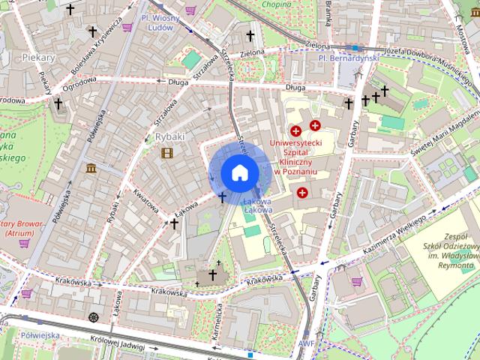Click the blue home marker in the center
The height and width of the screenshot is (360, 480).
pyautogui.click(x=239, y=172)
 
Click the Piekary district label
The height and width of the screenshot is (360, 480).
pyautogui.click(x=39, y=56)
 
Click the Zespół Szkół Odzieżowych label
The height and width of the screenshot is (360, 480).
pyautogui.click(x=450, y=248)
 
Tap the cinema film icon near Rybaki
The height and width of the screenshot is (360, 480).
pyautogui.click(x=166, y=154)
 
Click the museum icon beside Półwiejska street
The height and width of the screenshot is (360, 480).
pyautogui.click(x=91, y=168)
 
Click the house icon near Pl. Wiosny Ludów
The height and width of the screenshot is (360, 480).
pyautogui.click(x=247, y=35)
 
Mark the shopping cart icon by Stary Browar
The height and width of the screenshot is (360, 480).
pyautogui.click(x=25, y=242)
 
